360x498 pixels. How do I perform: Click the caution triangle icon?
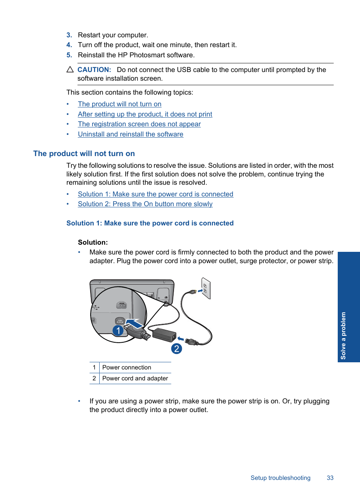pos(70,70)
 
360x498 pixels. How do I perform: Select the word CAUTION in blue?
pos(94,70)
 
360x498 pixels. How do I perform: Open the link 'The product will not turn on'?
pos(119,104)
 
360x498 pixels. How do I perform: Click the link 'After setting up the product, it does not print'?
pos(145,114)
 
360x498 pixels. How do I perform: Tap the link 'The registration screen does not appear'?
pos(139,124)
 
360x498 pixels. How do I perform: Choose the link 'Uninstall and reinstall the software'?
pos(130,134)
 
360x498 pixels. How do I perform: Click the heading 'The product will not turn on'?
pos(84,153)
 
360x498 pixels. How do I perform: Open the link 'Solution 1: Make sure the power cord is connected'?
pos(155,194)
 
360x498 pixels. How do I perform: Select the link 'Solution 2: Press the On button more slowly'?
pos(145,204)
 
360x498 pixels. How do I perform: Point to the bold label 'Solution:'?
pos(93,242)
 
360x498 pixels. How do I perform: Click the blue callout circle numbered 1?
pos(118,331)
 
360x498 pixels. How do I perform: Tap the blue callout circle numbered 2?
pos(176,348)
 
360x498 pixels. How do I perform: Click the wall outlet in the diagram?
pos(206,288)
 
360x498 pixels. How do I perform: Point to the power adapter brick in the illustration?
pos(164,334)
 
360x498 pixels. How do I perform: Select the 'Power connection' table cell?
pos(126,368)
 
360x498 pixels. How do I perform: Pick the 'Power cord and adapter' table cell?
pos(135,378)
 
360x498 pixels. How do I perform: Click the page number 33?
pos(330,478)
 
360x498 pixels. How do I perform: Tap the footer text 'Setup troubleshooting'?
pos(280,478)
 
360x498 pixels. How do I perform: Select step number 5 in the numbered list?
pos(69,55)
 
